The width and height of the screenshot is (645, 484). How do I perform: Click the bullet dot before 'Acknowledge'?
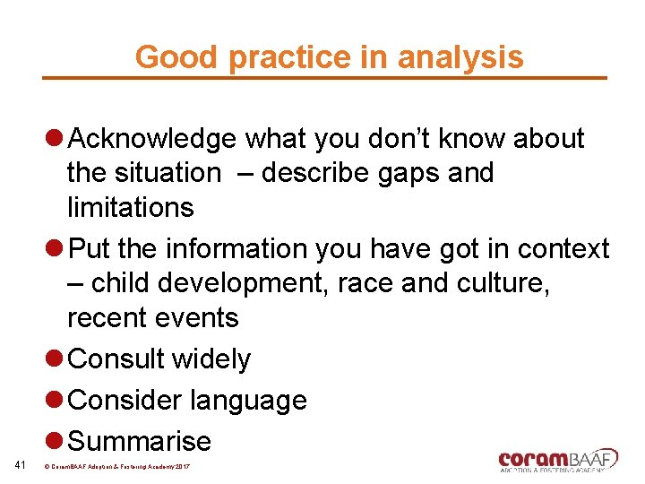point(54,139)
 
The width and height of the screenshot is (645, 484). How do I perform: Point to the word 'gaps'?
point(392,172)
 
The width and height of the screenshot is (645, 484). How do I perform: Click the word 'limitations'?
point(131,207)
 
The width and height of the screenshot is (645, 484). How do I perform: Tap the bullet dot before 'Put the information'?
point(54,248)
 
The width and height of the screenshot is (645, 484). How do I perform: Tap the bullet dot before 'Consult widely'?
point(54,359)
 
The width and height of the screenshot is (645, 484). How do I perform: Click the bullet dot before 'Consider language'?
point(54,401)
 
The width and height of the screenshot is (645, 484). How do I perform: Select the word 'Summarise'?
point(140,441)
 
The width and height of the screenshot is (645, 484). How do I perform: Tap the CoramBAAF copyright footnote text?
point(123,467)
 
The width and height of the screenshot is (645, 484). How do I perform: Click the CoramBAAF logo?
point(558,460)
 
